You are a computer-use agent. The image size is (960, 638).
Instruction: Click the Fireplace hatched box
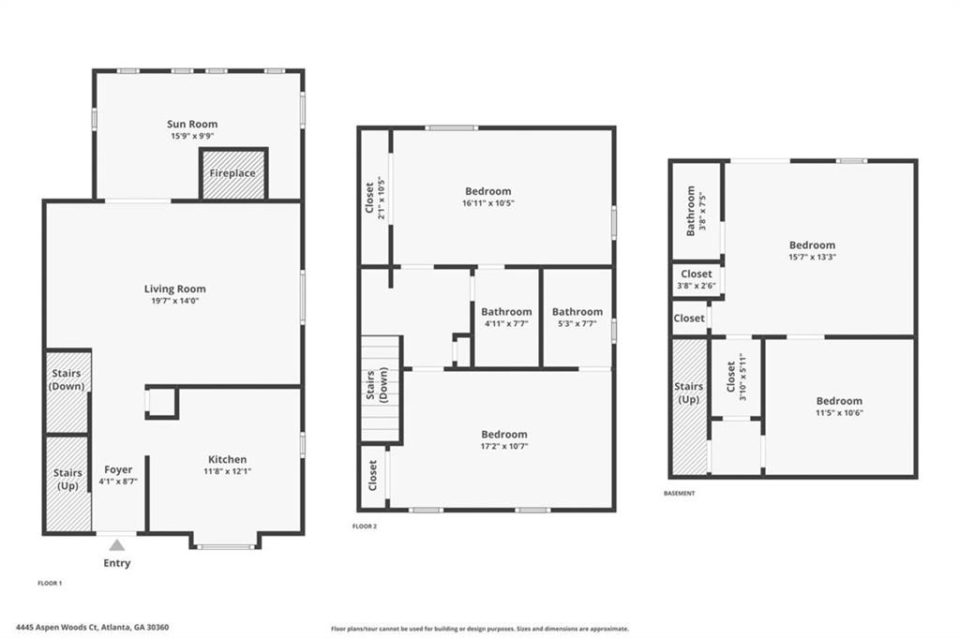(233, 173)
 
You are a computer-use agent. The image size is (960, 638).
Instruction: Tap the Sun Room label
(192, 124)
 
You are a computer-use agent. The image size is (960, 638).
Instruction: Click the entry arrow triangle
(117, 544)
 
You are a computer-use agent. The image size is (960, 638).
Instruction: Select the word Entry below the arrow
(117, 563)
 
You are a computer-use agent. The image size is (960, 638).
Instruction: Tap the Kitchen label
(227, 459)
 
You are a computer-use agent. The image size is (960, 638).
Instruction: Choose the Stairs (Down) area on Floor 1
(67, 391)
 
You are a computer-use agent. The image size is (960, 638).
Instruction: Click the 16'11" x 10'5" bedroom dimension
(488, 203)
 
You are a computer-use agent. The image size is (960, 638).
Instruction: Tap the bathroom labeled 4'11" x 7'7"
(506, 318)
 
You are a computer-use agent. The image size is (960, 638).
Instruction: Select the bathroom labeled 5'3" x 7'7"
(577, 318)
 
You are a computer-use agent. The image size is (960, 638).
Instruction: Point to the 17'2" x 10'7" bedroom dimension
(504, 447)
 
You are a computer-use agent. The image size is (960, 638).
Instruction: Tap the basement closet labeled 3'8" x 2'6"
(697, 281)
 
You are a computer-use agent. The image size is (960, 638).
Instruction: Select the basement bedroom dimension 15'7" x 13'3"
(812, 258)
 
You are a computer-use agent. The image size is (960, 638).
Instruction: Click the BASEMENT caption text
(680, 493)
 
